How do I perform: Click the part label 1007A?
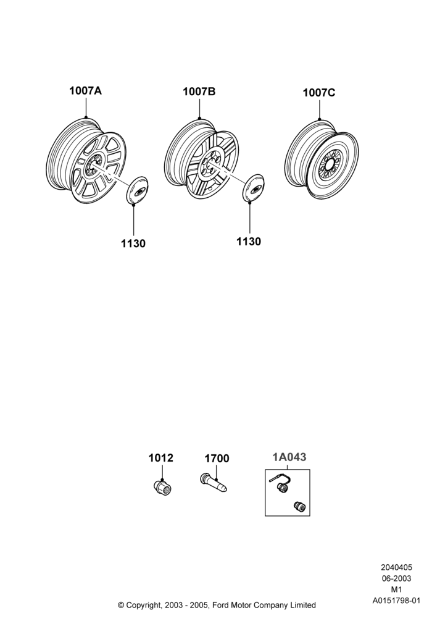[85, 91]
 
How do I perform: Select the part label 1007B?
[199, 92]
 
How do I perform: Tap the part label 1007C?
[318, 93]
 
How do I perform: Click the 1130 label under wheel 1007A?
[133, 243]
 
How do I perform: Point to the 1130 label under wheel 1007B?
[249, 242]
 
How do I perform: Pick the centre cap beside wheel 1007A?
[137, 190]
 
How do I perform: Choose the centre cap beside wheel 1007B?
[253, 188]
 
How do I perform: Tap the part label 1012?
[160, 458]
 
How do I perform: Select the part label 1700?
[217, 459]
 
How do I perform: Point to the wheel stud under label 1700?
[214, 483]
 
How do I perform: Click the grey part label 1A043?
[289, 457]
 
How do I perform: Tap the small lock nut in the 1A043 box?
[300, 507]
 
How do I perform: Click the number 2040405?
[396, 567]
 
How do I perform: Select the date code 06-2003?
[396, 578]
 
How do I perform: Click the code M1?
[396, 590]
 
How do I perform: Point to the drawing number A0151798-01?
[396, 601]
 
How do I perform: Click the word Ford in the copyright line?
[221, 605]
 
